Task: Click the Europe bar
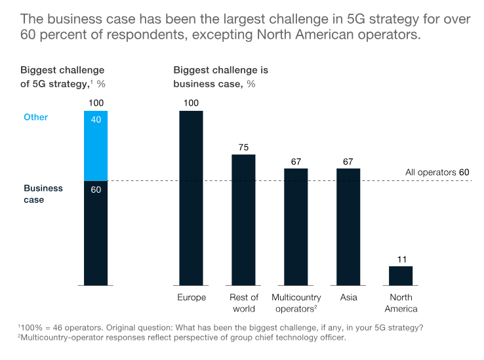coord(191,197)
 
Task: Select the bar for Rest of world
coord(243,220)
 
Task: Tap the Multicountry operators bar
coord(296,226)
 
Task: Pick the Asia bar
coord(348,226)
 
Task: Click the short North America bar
coord(401,275)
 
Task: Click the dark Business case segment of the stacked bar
coord(96,233)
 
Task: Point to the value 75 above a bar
coord(243,148)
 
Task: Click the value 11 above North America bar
coord(401,260)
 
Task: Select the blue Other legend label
coord(36,117)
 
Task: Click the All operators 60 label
coord(437,172)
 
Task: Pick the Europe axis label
coord(192,298)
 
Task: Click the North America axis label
coord(401,303)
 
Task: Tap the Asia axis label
coord(349,298)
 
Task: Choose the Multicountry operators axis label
coord(296,303)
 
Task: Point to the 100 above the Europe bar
coord(191,103)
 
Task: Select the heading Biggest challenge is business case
coord(220,77)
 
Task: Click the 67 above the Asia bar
coord(348,161)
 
